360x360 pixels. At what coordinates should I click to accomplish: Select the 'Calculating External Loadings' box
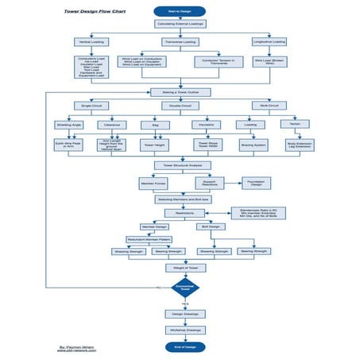tap(179, 24)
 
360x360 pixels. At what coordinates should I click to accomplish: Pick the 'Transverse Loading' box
tap(179, 41)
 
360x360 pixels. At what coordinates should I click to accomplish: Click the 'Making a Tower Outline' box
tap(180, 92)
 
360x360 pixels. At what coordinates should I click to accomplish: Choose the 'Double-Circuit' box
tap(180, 105)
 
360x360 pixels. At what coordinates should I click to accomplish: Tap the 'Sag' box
tap(155, 125)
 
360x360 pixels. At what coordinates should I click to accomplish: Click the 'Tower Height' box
tap(155, 145)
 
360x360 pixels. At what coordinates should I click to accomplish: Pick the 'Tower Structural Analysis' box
tap(180, 165)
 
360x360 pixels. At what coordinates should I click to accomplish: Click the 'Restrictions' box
tap(180, 213)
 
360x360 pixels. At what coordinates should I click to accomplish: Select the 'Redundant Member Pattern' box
tap(148, 238)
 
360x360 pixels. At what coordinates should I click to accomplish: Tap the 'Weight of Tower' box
tap(180, 269)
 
